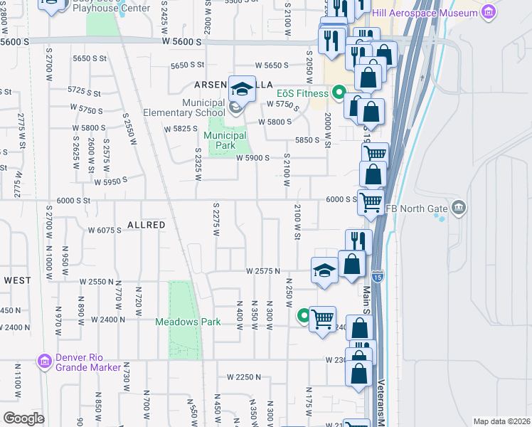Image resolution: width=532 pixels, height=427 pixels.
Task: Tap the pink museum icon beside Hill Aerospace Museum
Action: click(488, 12)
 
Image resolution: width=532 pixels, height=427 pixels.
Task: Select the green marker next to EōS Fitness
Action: click(339, 93)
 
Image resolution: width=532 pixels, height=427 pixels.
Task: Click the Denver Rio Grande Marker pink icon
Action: click(45, 362)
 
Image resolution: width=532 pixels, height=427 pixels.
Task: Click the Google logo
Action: click(23, 418)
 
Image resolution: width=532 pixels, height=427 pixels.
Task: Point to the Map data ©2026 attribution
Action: click(501, 421)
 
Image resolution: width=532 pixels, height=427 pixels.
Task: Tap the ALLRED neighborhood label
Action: click(146, 225)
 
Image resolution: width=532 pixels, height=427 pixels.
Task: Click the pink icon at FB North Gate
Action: click(459, 208)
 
